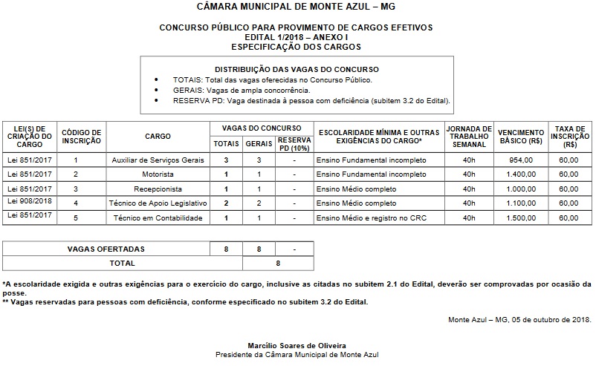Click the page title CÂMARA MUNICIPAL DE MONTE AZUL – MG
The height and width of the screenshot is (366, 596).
[297, 7]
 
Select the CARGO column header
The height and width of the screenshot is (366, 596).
[158, 136]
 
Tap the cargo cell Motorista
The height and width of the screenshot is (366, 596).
[158, 174]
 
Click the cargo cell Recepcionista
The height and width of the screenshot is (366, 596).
[158, 189]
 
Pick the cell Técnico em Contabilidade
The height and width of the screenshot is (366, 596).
[158, 218]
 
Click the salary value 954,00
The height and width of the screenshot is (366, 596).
[521, 160]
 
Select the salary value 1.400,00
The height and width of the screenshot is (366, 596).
[521, 174]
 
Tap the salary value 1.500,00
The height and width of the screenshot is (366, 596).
[521, 218]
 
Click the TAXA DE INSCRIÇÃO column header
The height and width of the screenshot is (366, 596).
[569, 136]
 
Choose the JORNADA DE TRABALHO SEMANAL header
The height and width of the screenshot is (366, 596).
[469, 136]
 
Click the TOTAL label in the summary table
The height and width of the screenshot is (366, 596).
[123, 263]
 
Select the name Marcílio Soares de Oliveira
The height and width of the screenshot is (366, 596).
[297, 346]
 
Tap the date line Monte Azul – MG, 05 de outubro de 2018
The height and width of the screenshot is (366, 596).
[520, 320]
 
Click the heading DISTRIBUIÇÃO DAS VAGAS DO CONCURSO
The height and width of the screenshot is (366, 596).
[296, 68]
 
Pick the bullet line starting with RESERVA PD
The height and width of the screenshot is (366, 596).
[311, 100]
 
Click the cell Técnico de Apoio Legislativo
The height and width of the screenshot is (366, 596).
[158, 203]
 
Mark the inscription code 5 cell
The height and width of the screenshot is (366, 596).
[75, 218]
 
